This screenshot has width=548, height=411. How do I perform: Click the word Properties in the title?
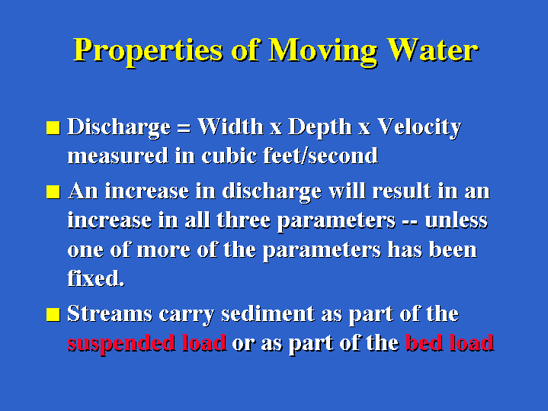pos(148,51)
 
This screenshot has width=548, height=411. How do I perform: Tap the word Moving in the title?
pos(323,51)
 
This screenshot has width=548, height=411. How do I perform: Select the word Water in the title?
pos(433,50)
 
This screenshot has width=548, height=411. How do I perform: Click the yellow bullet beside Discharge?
pos(53,127)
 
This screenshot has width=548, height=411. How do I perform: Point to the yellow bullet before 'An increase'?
pos(53,192)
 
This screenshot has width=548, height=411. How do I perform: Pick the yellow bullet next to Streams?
pos(53,314)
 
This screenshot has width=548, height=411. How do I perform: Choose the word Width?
pos(230,127)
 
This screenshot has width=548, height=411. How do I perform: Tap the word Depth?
pos(320,128)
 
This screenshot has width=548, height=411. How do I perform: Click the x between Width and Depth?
pos(276,129)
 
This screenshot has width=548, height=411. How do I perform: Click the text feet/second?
pos(320,156)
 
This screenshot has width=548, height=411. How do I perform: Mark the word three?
pos(244,220)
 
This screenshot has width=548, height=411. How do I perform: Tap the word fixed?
pos(96,278)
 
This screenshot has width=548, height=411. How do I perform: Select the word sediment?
pos(268,313)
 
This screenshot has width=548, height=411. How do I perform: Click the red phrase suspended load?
pos(147,343)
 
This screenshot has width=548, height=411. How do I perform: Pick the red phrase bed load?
pos(450,342)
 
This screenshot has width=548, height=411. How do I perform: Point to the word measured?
pos(118,156)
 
